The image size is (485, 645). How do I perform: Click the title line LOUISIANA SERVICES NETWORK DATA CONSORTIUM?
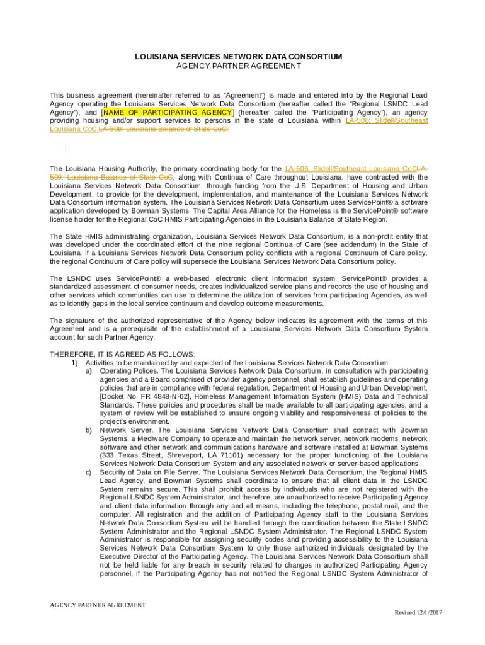click(x=239, y=57)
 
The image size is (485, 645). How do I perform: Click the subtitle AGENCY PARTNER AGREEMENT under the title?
click(x=239, y=66)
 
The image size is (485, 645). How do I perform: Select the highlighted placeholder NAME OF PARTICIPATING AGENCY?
click(x=168, y=112)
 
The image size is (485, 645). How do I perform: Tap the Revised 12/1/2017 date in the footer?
click(x=419, y=613)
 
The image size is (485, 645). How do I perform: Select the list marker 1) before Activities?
click(x=74, y=363)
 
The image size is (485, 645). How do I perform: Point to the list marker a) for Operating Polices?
click(x=89, y=371)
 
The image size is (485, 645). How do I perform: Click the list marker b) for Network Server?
click(x=89, y=430)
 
